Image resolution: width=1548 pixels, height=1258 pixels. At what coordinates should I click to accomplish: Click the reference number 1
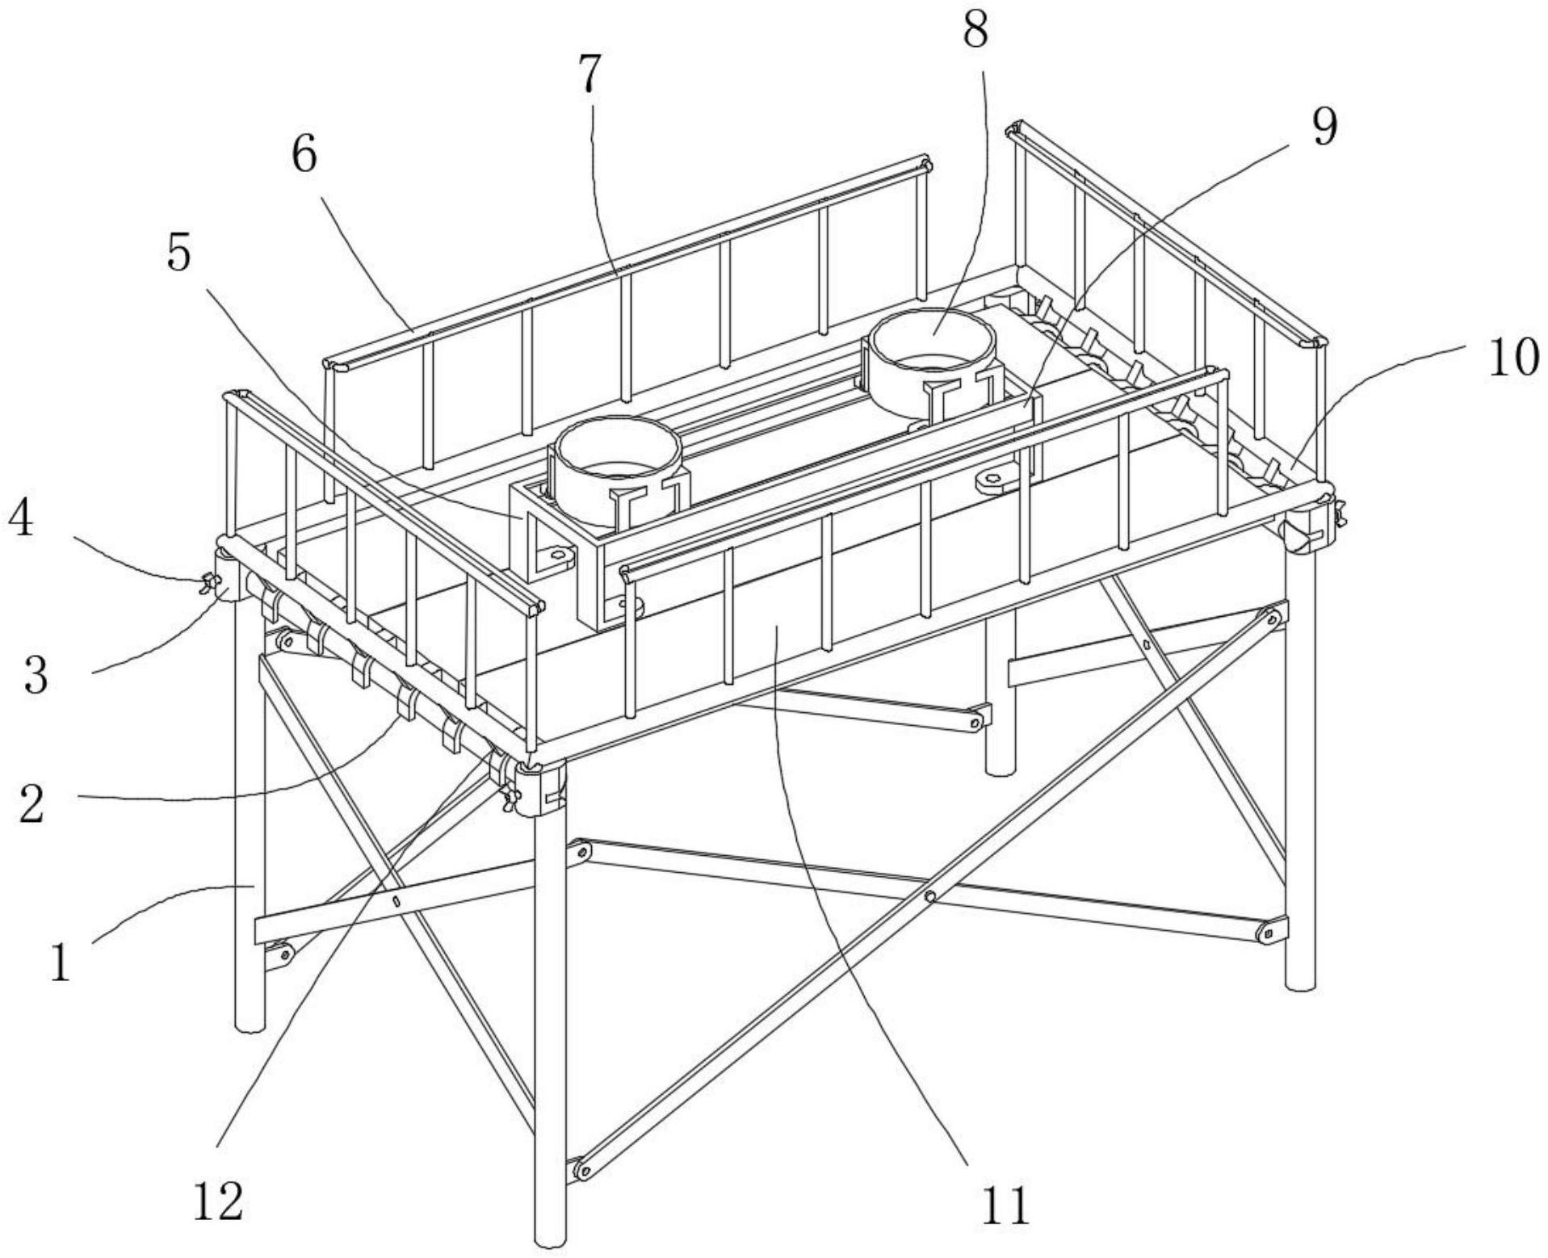60,962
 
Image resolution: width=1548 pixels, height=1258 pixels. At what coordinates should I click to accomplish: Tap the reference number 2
31,804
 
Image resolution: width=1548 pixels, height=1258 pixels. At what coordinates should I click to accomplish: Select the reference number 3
36,675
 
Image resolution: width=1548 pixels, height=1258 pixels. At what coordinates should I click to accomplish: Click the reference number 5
178,254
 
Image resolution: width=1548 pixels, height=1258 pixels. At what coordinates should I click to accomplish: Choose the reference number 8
975,31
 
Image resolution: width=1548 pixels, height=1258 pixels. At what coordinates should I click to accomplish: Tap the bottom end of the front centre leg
551,1239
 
